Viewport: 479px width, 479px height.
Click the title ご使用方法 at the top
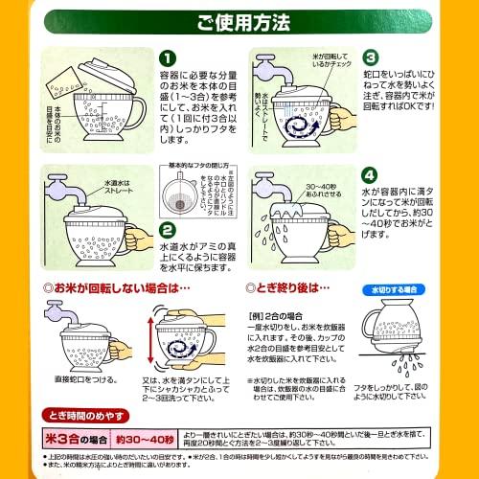click(x=239, y=20)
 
